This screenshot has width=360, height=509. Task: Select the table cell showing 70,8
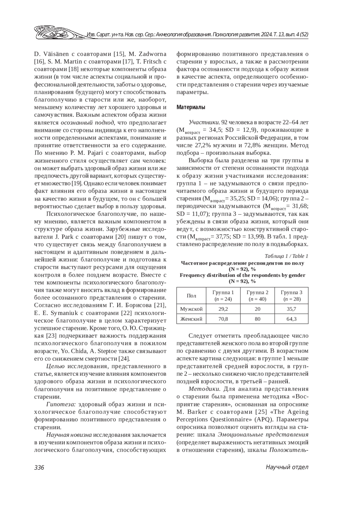tap(223, 319)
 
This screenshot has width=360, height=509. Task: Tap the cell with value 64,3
tap(291, 319)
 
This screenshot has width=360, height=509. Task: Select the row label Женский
tap(191, 319)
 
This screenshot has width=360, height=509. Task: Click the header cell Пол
tap(191, 296)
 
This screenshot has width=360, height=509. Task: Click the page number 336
tap(39, 467)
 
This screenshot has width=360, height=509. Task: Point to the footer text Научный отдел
tap(287, 467)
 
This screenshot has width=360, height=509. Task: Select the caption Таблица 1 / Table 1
tap(286, 256)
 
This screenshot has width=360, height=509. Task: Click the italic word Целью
tap(55, 366)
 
